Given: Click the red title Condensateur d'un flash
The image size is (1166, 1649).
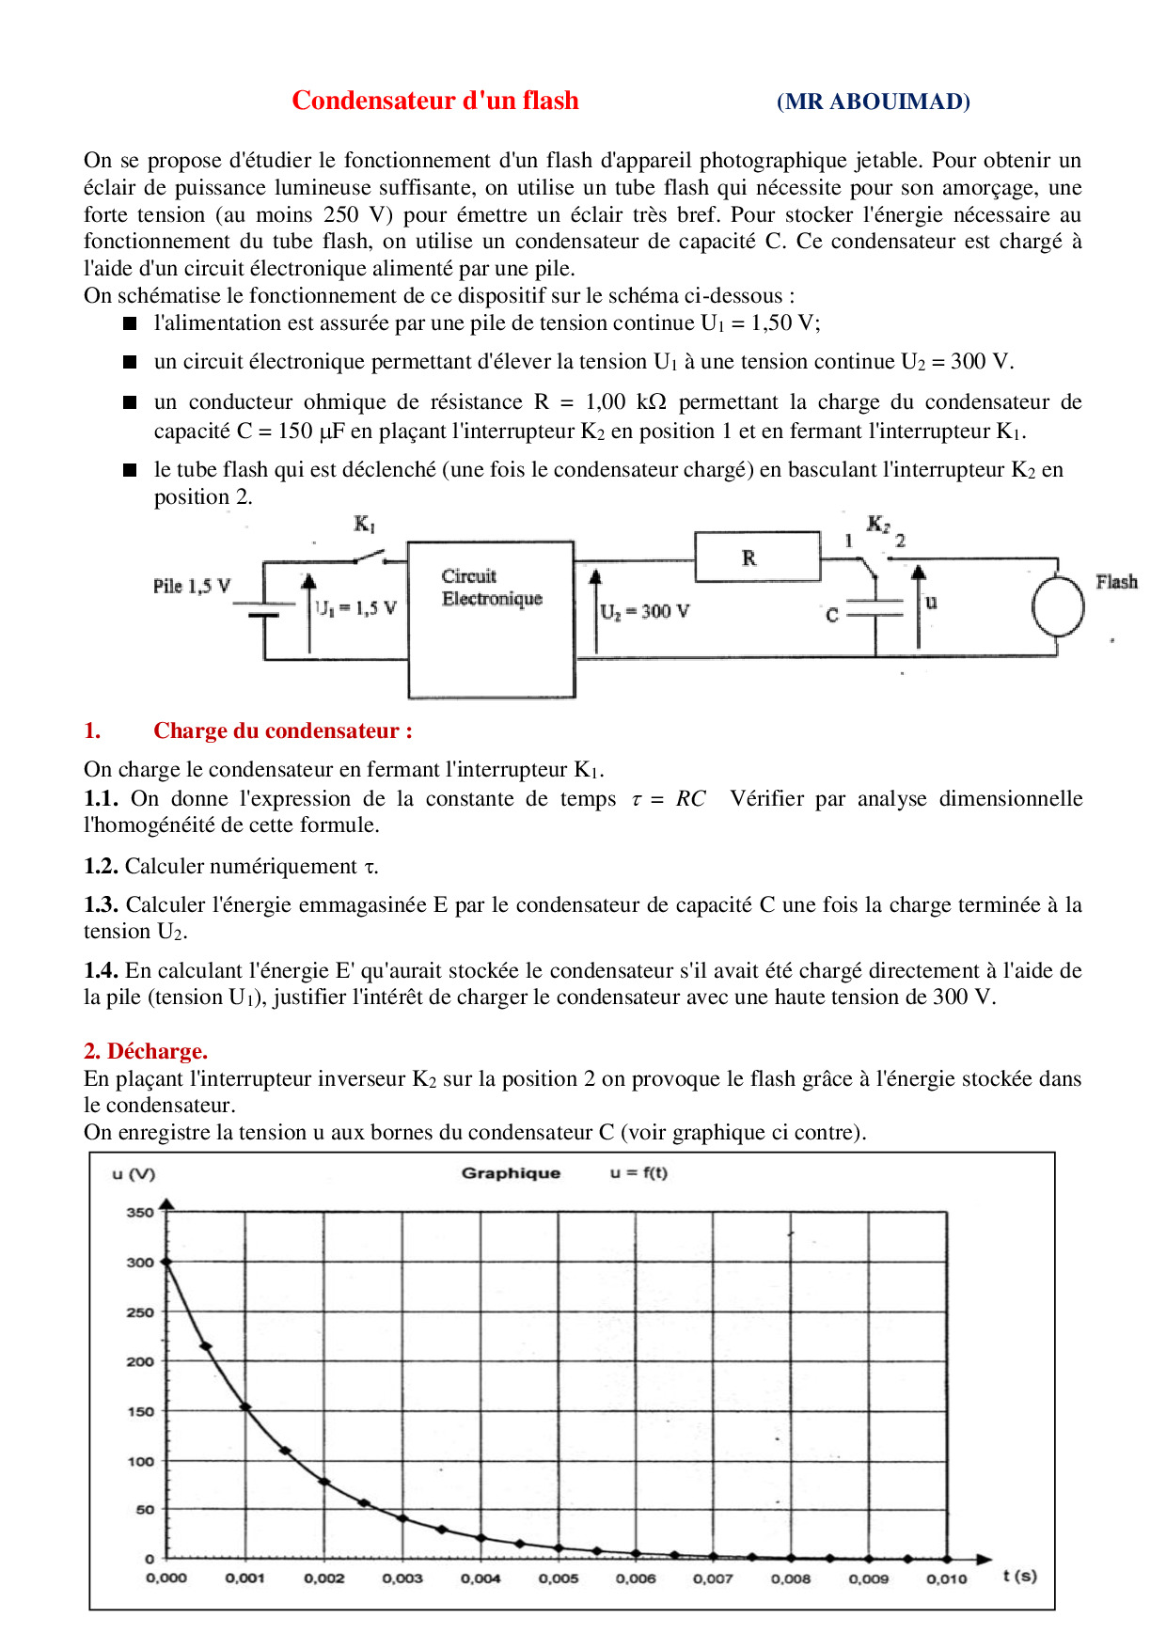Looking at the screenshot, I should tap(434, 101).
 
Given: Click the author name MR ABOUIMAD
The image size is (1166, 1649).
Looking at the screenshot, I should tap(873, 102).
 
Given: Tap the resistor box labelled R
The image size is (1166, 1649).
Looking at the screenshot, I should tap(757, 558).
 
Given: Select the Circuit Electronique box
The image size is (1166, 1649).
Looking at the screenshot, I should tap(491, 619).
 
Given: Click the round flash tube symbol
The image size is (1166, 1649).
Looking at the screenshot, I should tap(1058, 606).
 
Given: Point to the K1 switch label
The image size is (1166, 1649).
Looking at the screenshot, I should tap(364, 524).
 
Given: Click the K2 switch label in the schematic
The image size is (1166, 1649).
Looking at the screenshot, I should tap(878, 524).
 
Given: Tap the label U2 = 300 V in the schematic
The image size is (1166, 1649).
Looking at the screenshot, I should tap(645, 611).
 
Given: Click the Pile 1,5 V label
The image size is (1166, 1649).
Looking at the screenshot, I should tap(192, 586).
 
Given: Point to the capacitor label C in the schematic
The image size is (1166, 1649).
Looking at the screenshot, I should tap(832, 615).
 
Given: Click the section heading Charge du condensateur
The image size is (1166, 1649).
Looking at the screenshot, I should tap(282, 730).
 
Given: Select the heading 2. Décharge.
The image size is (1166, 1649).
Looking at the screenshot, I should tap(146, 1050).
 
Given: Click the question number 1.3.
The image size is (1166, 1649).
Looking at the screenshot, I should tap(101, 904).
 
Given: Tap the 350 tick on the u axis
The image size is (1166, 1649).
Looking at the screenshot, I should tap(140, 1213).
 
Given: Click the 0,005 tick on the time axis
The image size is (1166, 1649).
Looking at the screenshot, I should tap(559, 1578).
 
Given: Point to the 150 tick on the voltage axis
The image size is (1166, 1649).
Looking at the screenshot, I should tap(140, 1411).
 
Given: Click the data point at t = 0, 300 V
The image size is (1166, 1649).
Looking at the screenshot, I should tap(166, 1263).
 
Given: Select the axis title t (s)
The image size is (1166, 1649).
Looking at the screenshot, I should tap(1019, 1576).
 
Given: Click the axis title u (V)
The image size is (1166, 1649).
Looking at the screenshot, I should tap(134, 1173).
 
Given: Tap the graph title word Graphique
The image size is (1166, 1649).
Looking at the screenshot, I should tap(511, 1172).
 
